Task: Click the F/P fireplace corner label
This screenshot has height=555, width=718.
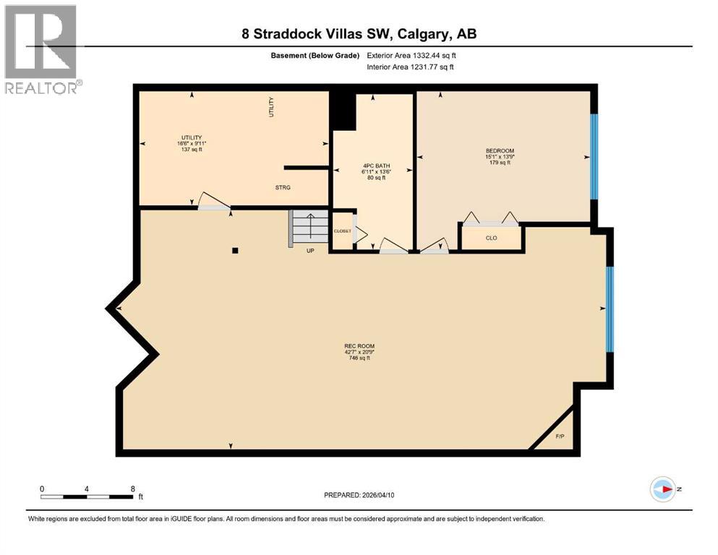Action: click(x=560, y=436)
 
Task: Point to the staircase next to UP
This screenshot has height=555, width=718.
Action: click(x=309, y=227)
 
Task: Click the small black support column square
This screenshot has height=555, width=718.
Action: click(x=235, y=251)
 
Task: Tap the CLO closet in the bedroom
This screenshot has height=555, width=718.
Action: click(x=491, y=237)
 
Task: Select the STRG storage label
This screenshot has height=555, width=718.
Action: click(x=283, y=187)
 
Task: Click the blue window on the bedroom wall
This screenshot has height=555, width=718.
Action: click(x=594, y=156)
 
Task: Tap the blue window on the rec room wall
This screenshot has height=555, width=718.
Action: click(x=610, y=309)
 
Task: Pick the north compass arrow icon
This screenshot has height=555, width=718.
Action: click(x=662, y=489)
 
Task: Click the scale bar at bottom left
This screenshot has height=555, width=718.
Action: click(x=87, y=496)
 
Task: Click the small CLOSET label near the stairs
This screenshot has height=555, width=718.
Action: click(x=342, y=231)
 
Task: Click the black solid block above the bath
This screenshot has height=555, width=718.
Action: click(x=343, y=111)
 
